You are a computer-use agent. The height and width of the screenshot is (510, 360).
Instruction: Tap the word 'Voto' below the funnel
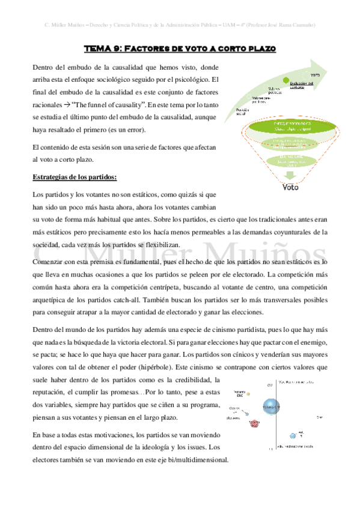click(x=290, y=186)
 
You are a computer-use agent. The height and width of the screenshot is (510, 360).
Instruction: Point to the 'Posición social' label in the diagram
click(x=242, y=112)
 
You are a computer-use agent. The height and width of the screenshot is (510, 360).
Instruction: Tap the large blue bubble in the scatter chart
click(x=272, y=407)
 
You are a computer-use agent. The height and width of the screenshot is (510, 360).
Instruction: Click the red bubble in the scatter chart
click(x=254, y=423)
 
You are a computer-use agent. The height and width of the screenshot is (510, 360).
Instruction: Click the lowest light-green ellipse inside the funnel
click(x=290, y=161)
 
